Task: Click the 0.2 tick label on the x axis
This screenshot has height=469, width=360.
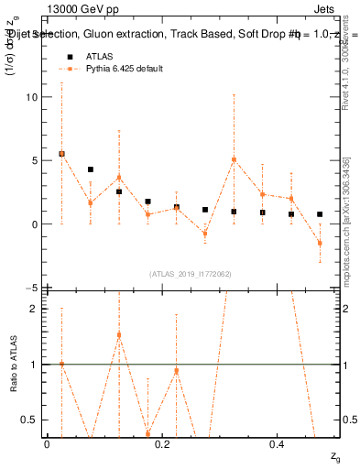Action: pos(162,443)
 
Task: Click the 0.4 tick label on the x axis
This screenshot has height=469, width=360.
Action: pos(278,443)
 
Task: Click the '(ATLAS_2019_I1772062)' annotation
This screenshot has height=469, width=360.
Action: pos(190,274)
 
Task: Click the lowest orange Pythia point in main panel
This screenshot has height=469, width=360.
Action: pos(320,243)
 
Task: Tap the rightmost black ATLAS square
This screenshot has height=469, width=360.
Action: pos(320,214)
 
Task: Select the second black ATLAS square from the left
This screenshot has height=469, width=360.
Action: pos(91,169)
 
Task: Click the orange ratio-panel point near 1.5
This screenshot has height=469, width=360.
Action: pos(119,335)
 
